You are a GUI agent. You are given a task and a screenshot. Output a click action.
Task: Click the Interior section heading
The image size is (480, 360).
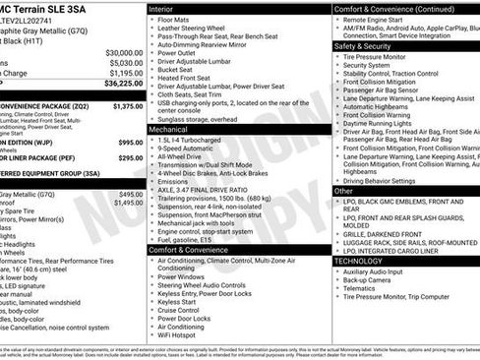[x=162, y=8]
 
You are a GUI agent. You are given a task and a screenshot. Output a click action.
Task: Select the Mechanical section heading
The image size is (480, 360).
[x=169, y=129]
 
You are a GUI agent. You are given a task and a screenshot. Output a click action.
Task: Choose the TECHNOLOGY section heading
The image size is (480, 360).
[x=359, y=261]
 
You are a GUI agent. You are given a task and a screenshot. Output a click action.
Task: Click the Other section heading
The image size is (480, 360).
[x=344, y=190]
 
